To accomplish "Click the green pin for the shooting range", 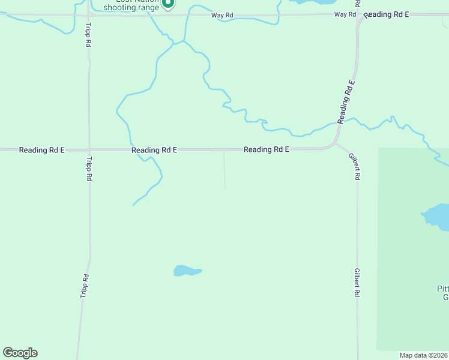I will [x=169, y=4].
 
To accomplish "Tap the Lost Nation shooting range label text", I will [x=132, y=6].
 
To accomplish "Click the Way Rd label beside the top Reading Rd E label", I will [x=345, y=14].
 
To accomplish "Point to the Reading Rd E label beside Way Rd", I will [x=386, y=14].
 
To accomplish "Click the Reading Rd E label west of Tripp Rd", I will [x=41, y=150].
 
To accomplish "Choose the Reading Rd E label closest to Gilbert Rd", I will [x=267, y=149].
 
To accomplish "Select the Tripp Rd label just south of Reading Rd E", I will [x=89, y=169].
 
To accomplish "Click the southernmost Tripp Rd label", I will [x=85, y=286].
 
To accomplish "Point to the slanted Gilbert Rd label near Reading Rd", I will [x=355, y=166].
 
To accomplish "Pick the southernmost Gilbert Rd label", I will [x=357, y=283].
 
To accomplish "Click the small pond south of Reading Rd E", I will [x=187, y=271].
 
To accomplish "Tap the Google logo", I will [x=20, y=353].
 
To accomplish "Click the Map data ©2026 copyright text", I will [x=423, y=355].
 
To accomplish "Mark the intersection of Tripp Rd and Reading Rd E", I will [x=89, y=149].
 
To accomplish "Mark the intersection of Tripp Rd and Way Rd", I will [x=89, y=14].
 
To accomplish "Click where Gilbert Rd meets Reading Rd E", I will [x=335, y=144].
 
